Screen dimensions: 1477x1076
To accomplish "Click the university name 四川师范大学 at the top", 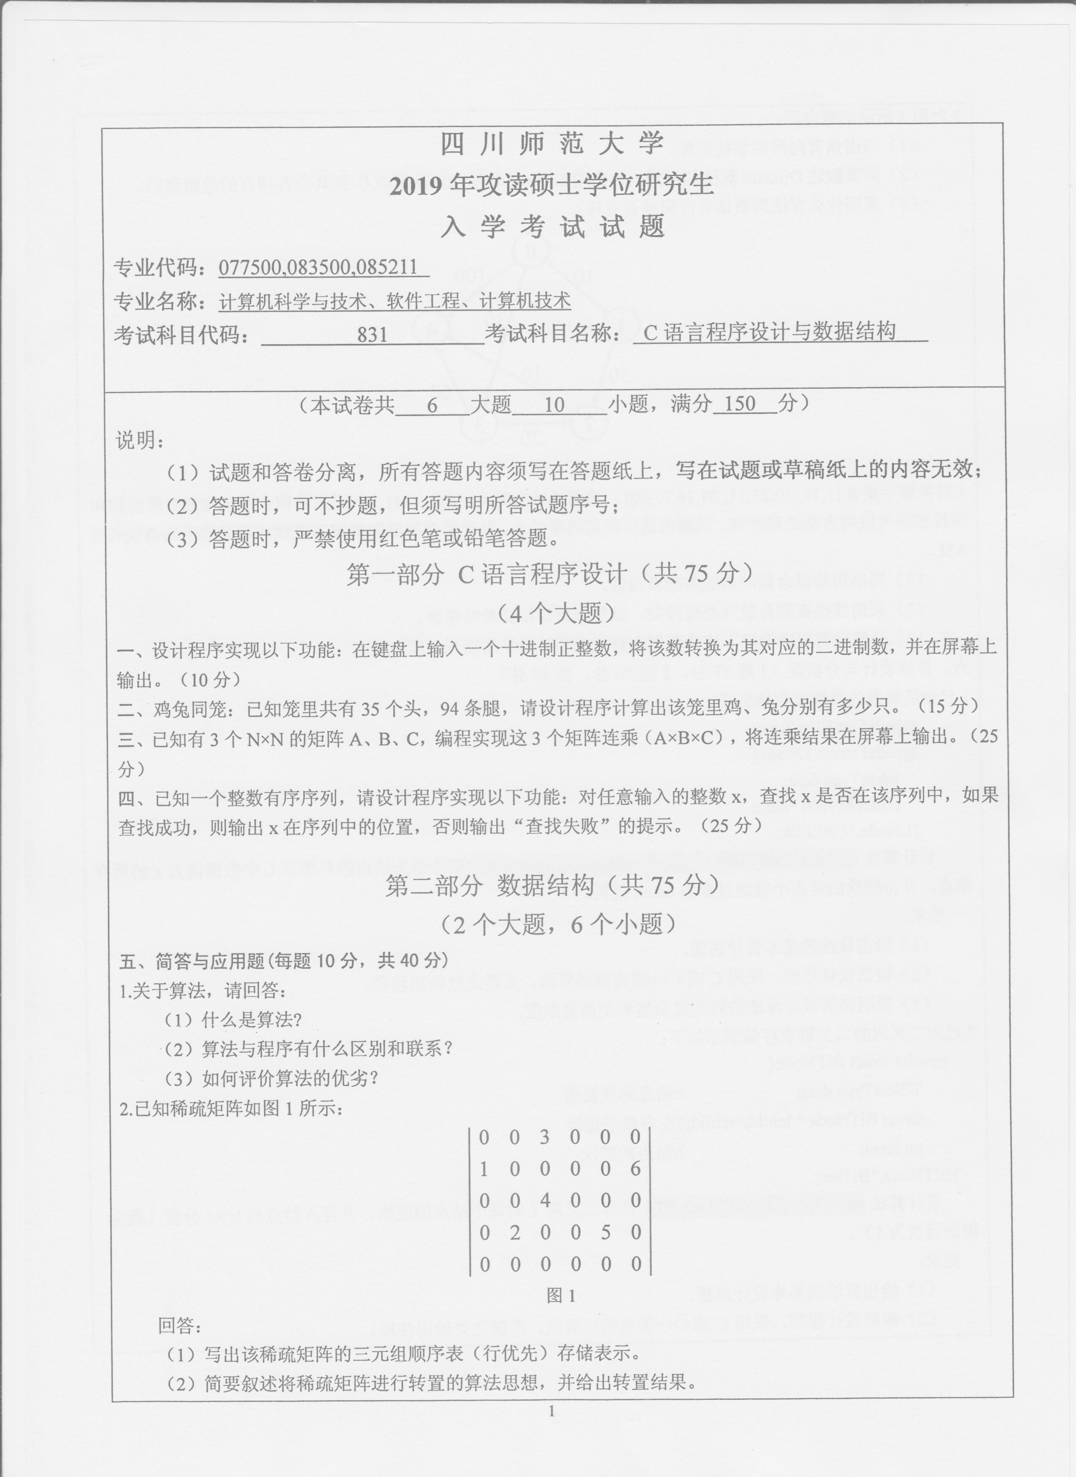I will (552, 145).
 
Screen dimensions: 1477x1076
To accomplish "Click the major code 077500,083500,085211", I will (324, 267).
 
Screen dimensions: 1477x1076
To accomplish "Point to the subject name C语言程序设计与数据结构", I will (768, 333).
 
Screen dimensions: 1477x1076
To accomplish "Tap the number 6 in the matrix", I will (636, 1169).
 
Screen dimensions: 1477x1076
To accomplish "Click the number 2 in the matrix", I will (514, 1232).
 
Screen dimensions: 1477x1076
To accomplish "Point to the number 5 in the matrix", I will (605, 1232).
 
